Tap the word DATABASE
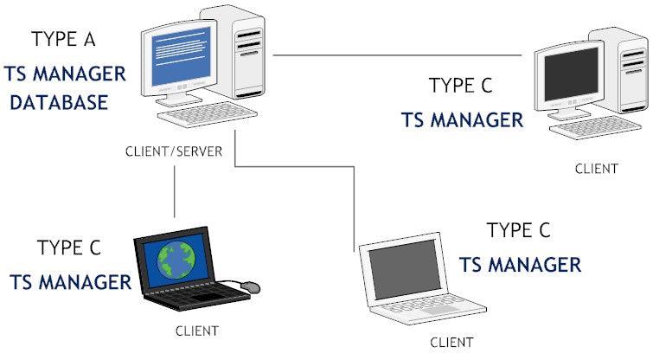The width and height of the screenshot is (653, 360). tap(59, 102)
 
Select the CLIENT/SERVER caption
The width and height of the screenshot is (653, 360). tap(174, 151)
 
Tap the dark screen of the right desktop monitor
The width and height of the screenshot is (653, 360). tap(567, 75)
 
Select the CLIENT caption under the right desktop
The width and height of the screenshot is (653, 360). tap(597, 169)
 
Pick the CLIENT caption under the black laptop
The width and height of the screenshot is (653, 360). tap(197, 330)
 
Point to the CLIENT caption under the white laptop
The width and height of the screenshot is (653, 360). tap(452, 342)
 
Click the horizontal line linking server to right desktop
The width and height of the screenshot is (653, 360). tap(398, 55)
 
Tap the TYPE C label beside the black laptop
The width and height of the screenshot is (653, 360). tap(69, 248)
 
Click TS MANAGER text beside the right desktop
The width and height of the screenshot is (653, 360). tap(462, 119)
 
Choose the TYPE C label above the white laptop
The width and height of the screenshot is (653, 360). tap(518, 230)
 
